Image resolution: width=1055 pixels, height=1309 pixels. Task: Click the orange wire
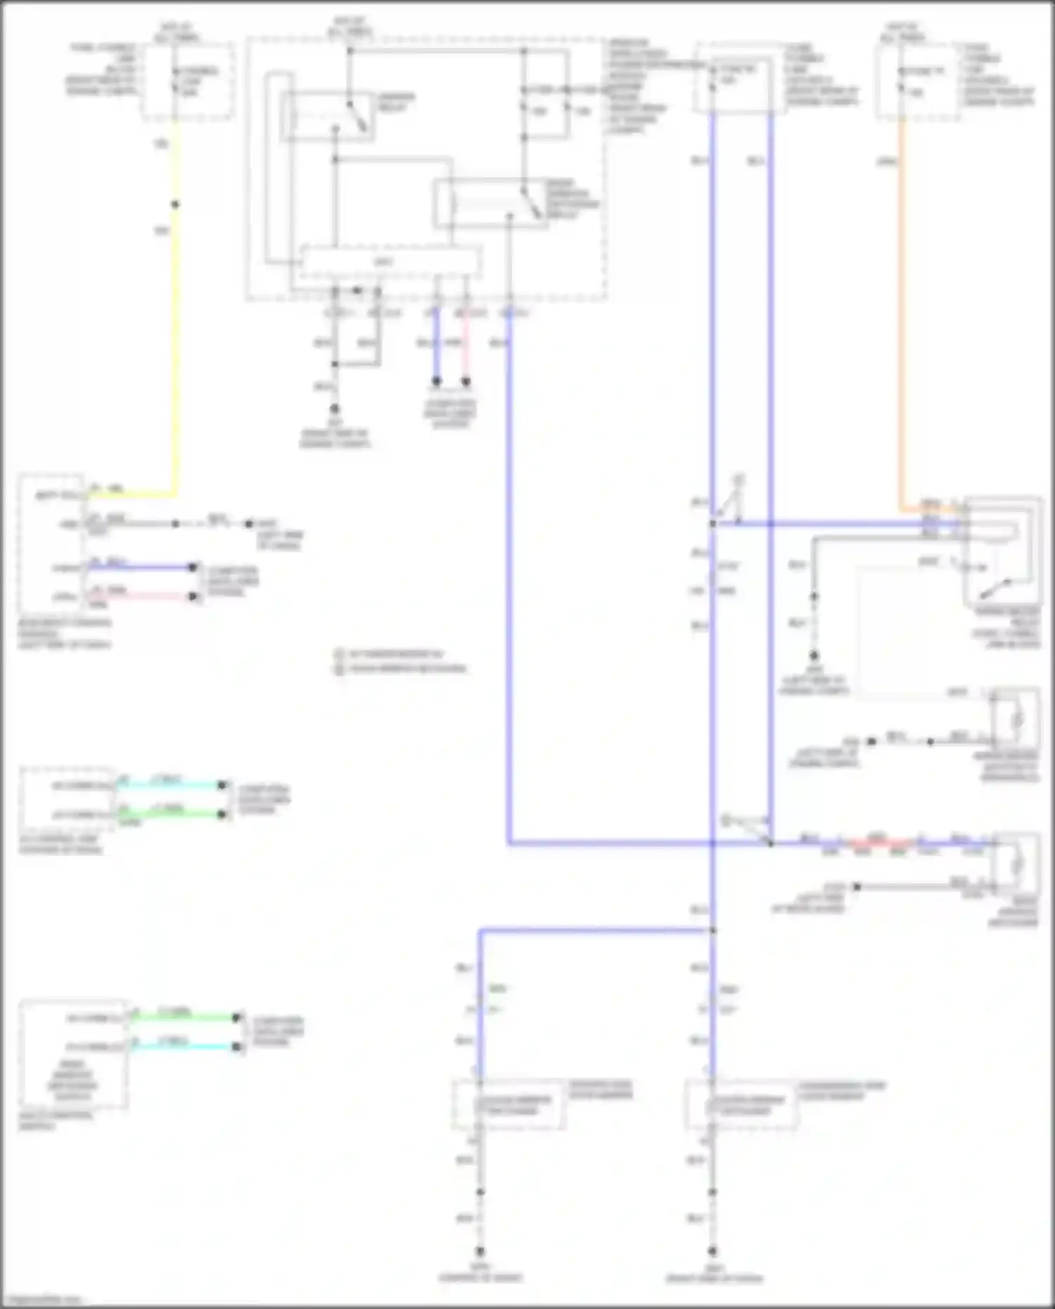click(x=901, y=317)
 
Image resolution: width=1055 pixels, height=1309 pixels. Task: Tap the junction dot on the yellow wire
click(x=175, y=205)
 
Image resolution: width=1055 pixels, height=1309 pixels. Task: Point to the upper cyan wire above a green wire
click(x=172, y=785)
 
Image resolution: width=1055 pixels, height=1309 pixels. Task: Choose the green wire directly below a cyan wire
click(x=172, y=815)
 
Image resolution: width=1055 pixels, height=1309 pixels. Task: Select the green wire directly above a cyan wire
click(x=184, y=1017)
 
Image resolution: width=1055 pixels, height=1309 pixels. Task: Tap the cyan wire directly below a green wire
click(x=184, y=1047)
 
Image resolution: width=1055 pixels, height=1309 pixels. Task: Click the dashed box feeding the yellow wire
click(x=188, y=81)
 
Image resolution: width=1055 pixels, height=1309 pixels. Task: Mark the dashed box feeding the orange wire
click(x=917, y=82)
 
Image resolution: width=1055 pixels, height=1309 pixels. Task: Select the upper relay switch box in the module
click(x=328, y=115)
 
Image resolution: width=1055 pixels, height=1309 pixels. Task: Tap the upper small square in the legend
click(x=340, y=654)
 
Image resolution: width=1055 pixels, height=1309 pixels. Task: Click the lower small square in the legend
click(x=340, y=668)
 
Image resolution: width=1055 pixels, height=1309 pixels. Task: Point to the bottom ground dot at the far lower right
click(x=712, y=1252)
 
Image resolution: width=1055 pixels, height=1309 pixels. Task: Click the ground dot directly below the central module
click(x=335, y=409)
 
